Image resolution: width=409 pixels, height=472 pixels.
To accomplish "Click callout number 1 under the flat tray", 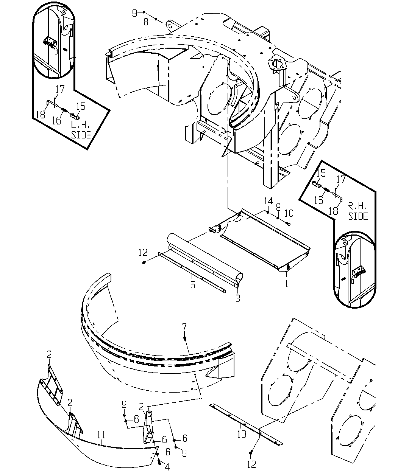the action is (287, 284).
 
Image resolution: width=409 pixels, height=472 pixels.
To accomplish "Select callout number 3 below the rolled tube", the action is (238, 299).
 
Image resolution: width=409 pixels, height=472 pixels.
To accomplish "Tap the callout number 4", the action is (167, 467).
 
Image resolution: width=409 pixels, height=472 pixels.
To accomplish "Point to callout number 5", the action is (193, 285).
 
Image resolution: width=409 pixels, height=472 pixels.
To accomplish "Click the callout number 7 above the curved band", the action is (184, 327).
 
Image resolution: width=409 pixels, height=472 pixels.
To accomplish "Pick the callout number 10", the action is (289, 213).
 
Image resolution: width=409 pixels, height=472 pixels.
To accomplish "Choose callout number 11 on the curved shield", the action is (101, 435).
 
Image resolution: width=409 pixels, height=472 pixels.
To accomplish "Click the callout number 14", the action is (269, 201).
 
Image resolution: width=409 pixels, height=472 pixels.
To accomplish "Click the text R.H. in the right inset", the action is (357, 206).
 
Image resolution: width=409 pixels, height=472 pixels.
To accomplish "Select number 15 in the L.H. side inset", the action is (81, 106).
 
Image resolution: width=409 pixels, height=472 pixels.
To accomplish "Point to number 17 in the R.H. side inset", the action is (340, 179).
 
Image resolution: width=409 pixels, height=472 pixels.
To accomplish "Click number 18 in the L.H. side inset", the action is (41, 115).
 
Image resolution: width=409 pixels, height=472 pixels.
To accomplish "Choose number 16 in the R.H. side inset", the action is (318, 200).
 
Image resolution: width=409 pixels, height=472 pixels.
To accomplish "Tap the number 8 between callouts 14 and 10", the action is (278, 207).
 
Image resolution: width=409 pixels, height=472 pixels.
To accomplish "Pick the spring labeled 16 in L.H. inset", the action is (64, 110).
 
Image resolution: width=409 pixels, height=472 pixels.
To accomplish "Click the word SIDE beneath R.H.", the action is (358, 216).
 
